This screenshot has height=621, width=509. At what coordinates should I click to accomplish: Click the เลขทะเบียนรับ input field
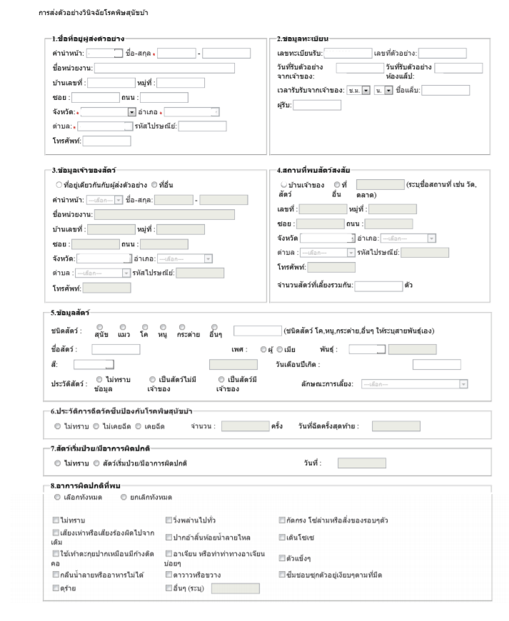tap(347, 54)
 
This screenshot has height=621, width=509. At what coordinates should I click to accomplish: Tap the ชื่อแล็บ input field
tap(445, 90)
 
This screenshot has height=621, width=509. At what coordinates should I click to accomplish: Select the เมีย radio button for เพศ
tap(280, 349)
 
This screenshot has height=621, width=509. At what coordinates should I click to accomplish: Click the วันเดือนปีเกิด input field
tap(435, 365)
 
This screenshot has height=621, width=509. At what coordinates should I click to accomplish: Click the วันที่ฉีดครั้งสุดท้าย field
tap(396, 426)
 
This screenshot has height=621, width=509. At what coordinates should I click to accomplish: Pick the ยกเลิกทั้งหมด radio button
tap(124, 497)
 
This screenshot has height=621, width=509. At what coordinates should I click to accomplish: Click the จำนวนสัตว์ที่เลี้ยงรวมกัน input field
tap(378, 286)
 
